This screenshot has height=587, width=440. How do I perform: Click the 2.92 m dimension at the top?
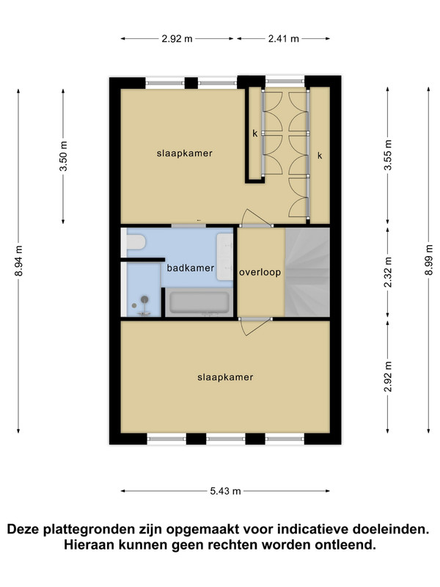coord(177,39)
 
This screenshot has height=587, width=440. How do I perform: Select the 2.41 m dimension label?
coord(284,39)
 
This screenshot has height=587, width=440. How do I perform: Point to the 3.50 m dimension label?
coord(63,156)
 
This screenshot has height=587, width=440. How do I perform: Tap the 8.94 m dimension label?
coord(19,261)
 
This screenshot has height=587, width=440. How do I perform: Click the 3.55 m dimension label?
coord(388,155)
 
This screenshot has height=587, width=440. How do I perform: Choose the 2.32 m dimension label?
coord(388,272)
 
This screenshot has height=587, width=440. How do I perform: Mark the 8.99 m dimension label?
coord(429,260)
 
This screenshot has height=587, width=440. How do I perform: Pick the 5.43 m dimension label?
coord(225,491)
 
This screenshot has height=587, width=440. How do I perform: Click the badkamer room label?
coord(191,268)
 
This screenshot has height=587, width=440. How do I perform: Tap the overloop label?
coord(260,272)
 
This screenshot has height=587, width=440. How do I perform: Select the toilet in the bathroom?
coord(136,242)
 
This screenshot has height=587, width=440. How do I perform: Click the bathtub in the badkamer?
coord(199,302)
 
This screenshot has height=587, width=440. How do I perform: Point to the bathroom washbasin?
coord(225,257)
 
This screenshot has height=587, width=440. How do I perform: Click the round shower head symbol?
coord(144,299)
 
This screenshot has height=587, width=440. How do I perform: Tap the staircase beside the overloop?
coord(307,272)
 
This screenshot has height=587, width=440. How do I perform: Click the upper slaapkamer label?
coord(185,153)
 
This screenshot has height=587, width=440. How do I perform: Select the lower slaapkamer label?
coord(225,377)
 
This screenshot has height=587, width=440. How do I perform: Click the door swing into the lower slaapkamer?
coord(255,327)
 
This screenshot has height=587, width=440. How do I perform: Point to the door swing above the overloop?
coord(255,218)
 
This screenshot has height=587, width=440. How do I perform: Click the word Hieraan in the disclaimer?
coord(89,544)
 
